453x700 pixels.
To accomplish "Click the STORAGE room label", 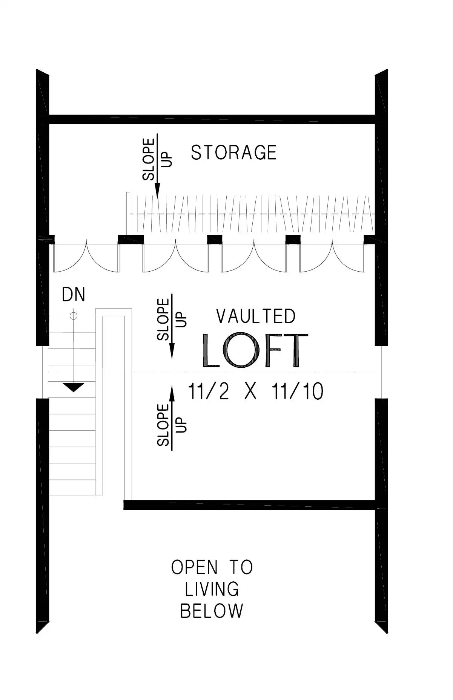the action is pyautogui.click(x=233, y=153).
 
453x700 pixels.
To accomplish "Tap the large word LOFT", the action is pyautogui.click(x=255, y=350).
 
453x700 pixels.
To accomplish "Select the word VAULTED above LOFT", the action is pyautogui.click(x=256, y=316).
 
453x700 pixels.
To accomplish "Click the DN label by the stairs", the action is pyautogui.click(x=74, y=294).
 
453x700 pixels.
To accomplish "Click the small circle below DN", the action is pyautogui.click(x=74, y=316).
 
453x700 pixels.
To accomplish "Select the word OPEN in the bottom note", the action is pyautogui.click(x=194, y=567).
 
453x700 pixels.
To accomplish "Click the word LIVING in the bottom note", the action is pyautogui.click(x=212, y=589).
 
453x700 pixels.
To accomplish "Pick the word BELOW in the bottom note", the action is pyautogui.click(x=212, y=611).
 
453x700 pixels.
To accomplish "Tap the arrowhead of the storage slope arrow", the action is pyautogui.click(x=157, y=190).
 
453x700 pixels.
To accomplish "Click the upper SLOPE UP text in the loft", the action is pyautogui.click(x=172, y=319).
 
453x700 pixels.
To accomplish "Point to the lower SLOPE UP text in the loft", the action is pyautogui.click(x=172, y=425).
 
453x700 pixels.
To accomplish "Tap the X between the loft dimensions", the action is pyautogui.click(x=250, y=391).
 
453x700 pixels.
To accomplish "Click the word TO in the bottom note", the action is pyautogui.click(x=241, y=567).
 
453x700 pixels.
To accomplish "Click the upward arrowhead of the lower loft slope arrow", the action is pyautogui.click(x=172, y=392).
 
